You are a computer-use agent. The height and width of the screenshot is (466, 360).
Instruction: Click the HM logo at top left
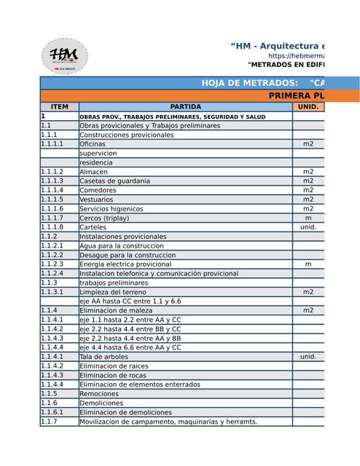click(65, 55)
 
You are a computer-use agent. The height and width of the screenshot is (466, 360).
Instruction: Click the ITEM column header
click(59, 107)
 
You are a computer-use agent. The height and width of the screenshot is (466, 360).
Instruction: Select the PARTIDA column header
click(185, 107)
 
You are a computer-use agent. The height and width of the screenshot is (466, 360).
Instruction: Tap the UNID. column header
click(308, 107)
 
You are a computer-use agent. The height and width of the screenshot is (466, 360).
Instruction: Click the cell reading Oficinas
click(93, 144)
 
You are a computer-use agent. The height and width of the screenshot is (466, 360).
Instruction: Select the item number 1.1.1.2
click(52, 172)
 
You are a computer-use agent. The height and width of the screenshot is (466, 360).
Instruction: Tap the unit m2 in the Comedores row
click(308, 190)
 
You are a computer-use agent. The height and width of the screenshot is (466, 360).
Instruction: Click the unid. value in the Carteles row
click(308, 227)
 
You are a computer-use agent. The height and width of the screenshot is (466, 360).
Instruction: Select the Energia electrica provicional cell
click(125, 264)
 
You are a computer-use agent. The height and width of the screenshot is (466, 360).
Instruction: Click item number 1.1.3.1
click(52, 292)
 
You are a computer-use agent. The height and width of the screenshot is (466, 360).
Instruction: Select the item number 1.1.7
click(49, 422)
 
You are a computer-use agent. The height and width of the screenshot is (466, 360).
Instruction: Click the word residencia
click(96, 163)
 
